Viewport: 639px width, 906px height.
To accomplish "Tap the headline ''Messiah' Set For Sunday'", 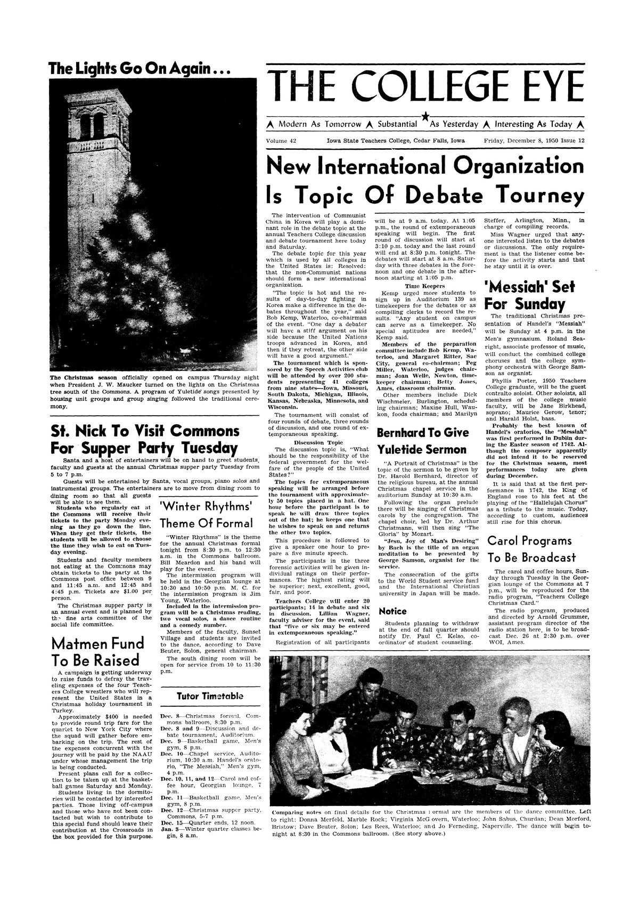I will [x=528, y=295].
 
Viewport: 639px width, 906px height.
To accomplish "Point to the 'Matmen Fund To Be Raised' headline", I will [x=96, y=651].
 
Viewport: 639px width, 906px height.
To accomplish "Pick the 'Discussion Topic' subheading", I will [x=316, y=441].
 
